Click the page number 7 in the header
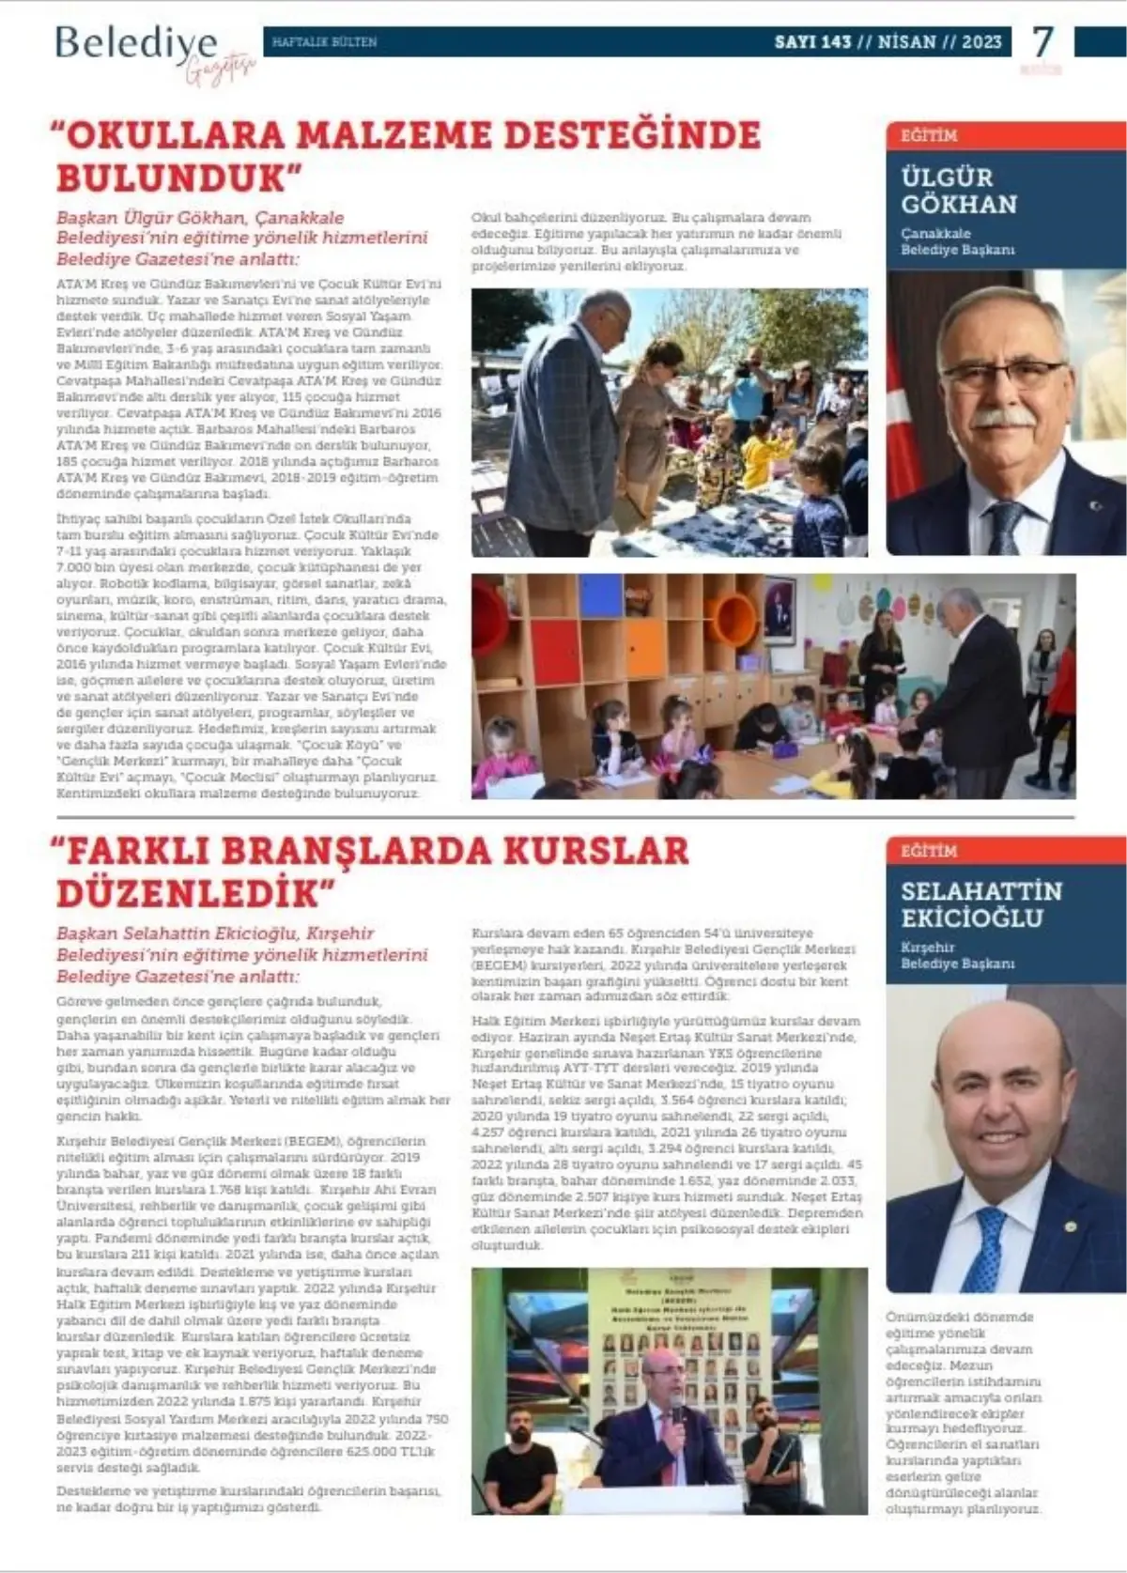click(1042, 42)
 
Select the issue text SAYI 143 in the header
click(812, 42)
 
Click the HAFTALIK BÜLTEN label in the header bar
click(324, 42)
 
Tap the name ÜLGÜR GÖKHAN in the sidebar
click(959, 191)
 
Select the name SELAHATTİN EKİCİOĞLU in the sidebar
click(981, 903)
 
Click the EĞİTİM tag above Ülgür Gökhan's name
click(929, 135)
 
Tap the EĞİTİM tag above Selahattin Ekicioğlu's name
click(929, 851)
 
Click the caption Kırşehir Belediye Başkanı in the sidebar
click(957, 956)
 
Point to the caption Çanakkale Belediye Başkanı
click(957, 241)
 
